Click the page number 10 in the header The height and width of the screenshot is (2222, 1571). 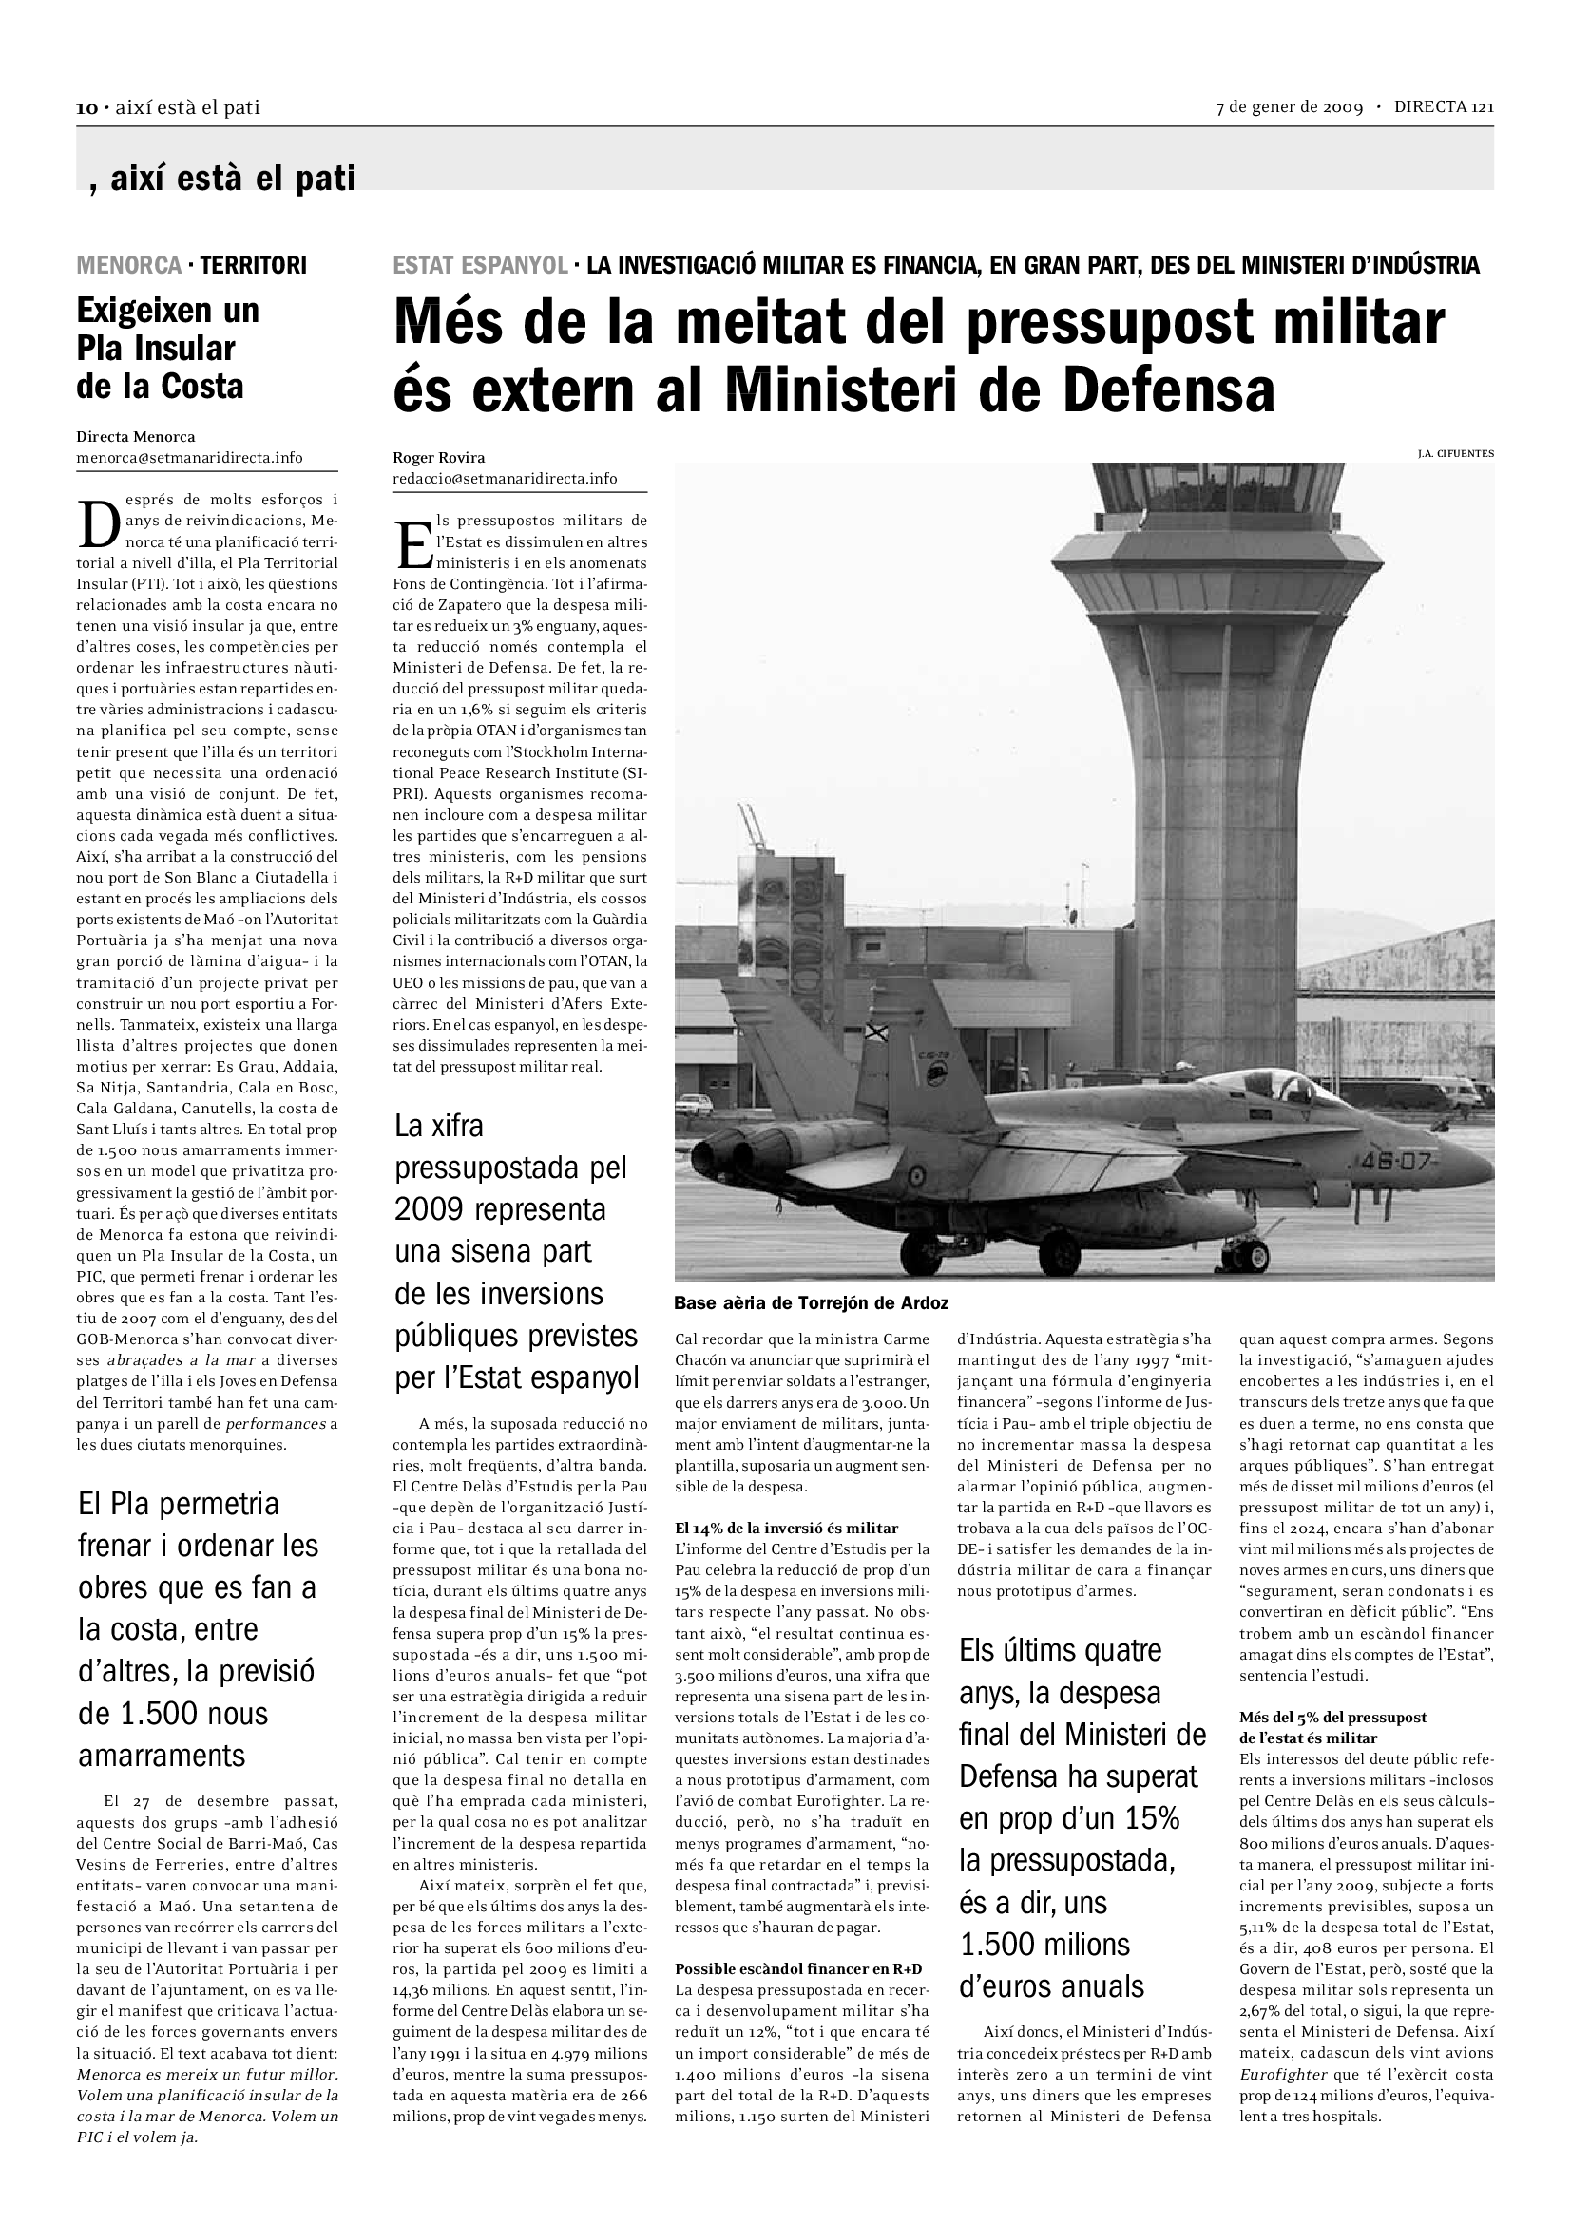(85, 108)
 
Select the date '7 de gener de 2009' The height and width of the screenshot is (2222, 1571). (1289, 107)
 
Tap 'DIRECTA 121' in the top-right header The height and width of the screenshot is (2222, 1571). (1444, 107)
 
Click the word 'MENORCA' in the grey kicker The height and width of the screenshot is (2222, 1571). (128, 264)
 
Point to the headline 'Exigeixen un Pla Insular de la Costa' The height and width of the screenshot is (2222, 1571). (168, 349)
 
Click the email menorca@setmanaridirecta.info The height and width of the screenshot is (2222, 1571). (190, 457)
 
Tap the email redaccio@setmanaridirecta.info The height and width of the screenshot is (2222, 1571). (505, 478)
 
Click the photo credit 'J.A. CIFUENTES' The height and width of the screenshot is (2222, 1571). (1455, 453)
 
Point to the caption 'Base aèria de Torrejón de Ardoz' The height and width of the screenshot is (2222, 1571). (811, 1302)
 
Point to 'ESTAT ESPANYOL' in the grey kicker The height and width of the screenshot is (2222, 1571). (479, 264)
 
